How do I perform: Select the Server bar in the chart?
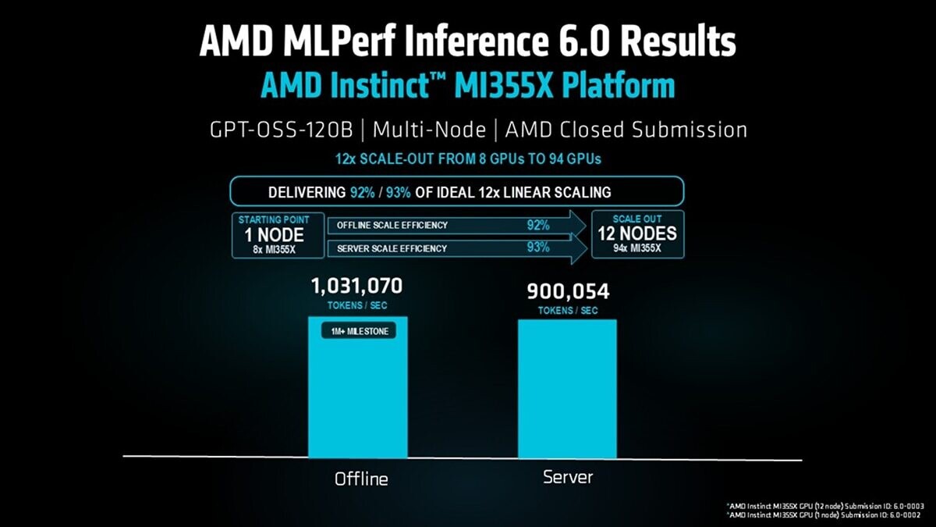click(x=567, y=390)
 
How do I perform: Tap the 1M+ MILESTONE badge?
click(x=358, y=331)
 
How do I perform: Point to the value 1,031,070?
click(x=357, y=286)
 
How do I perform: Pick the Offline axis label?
click(x=361, y=478)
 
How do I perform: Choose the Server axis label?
click(x=568, y=476)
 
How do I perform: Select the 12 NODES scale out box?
click(x=637, y=233)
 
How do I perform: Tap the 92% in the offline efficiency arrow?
click(x=537, y=226)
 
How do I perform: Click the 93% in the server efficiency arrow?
click(x=537, y=247)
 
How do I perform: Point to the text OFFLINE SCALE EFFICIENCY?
click(x=392, y=226)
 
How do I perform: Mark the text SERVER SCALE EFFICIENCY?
click(x=392, y=248)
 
